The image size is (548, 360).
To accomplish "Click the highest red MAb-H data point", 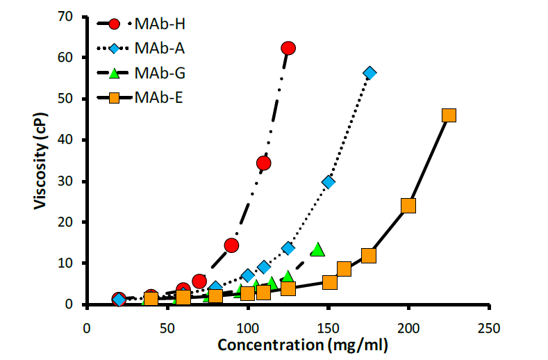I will pyautogui.click(x=288, y=48).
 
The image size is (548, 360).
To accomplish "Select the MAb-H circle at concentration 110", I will pyautogui.click(x=263, y=163).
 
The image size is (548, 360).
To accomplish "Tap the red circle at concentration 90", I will pyautogui.click(x=231, y=245).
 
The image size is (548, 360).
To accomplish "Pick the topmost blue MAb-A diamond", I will pyautogui.click(x=370, y=73).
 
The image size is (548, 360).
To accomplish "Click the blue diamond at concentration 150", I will pyautogui.click(x=329, y=182).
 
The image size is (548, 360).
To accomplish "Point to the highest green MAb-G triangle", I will pyautogui.click(x=317, y=249).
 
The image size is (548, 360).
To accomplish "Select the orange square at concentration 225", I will pyautogui.click(x=449, y=115).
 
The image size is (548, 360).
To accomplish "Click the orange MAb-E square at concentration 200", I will pyautogui.click(x=408, y=206).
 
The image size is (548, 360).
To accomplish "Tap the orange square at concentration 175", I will pyautogui.click(x=369, y=256).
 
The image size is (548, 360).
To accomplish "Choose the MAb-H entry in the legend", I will pyautogui.click(x=159, y=24).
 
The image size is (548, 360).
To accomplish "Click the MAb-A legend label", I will pyautogui.click(x=159, y=48).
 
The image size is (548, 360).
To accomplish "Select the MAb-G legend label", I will pyautogui.click(x=159, y=72).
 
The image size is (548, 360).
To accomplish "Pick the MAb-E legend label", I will pyautogui.click(x=159, y=97).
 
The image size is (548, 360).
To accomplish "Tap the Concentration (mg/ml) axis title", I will pyautogui.click(x=303, y=345).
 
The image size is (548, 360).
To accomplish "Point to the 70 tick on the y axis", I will pyautogui.click(x=66, y=17).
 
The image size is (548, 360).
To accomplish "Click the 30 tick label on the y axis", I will pyautogui.click(x=66, y=181).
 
